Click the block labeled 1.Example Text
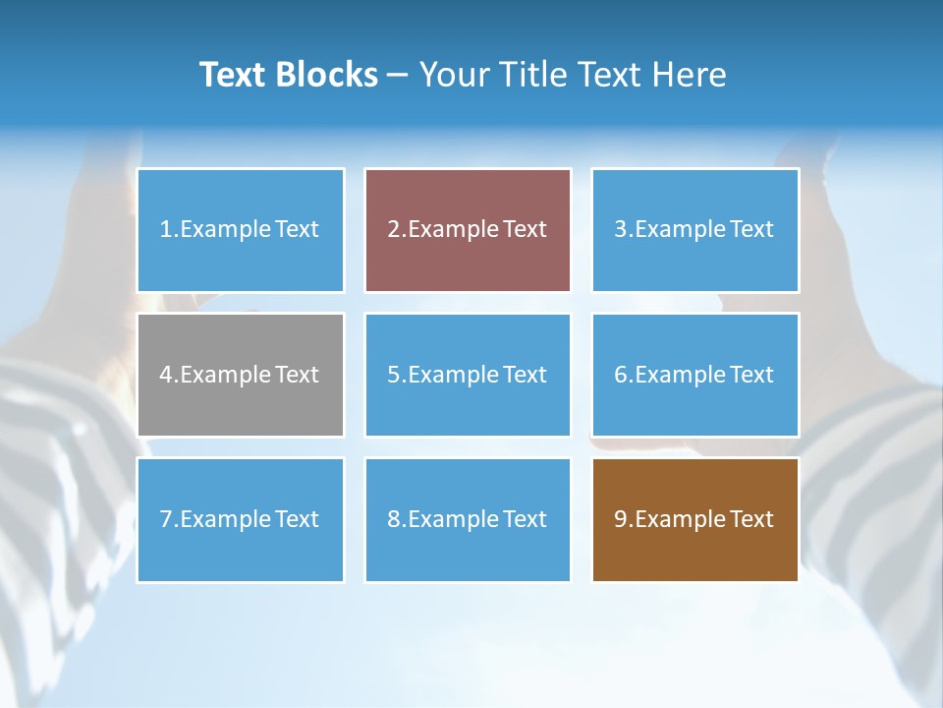click(x=241, y=230)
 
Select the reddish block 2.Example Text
click(x=468, y=230)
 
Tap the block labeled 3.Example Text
click(x=694, y=230)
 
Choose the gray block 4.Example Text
click(x=241, y=375)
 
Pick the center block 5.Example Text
click(x=468, y=375)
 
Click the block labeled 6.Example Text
click(x=694, y=375)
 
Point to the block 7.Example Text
click(x=241, y=519)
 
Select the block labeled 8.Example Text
click(x=468, y=519)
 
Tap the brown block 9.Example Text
click(x=694, y=519)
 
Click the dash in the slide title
click(x=398, y=75)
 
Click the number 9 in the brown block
click(x=621, y=519)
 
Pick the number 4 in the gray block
click(x=166, y=375)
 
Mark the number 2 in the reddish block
click(x=393, y=230)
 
